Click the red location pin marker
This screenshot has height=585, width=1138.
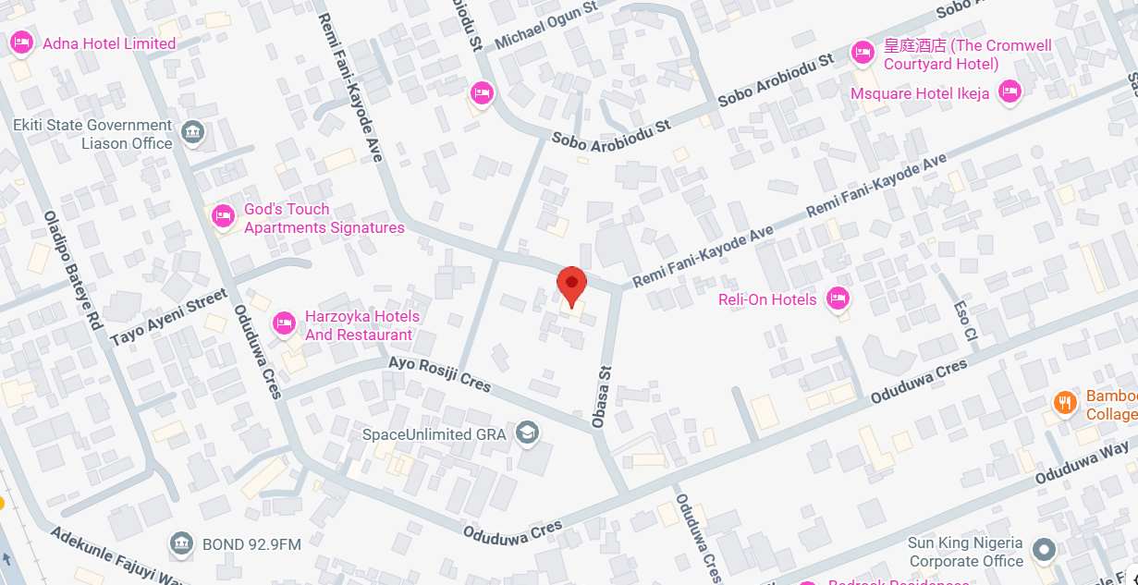click(x=571, y=284)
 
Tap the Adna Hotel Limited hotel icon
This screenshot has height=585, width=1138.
click(x=21, y=43)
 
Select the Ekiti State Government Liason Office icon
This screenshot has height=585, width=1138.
click(x=192, y=132)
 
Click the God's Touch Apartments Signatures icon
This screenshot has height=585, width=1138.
click(x=223, y=216)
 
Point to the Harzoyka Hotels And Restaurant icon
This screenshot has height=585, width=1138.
click(x=284, y=323)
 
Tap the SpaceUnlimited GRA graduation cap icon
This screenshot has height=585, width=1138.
click(x=528, y=432)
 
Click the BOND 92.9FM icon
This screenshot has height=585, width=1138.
click(x=181, y=542)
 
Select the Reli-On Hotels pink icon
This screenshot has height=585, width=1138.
click(x=838, y=298)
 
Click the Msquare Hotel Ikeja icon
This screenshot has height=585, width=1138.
click(x=1010, y=91)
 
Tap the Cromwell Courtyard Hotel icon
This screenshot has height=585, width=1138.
click(x=863, y=53)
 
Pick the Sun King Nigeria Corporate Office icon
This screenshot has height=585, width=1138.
click(x=1045, y=550)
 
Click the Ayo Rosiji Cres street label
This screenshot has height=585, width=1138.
click(x=439, y=373)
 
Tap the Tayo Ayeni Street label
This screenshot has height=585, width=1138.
click(x=168, y=318)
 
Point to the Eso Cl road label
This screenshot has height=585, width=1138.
click(x=965, y=320)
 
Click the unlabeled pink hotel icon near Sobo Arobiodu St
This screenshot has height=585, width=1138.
click(x=481, y=91)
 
